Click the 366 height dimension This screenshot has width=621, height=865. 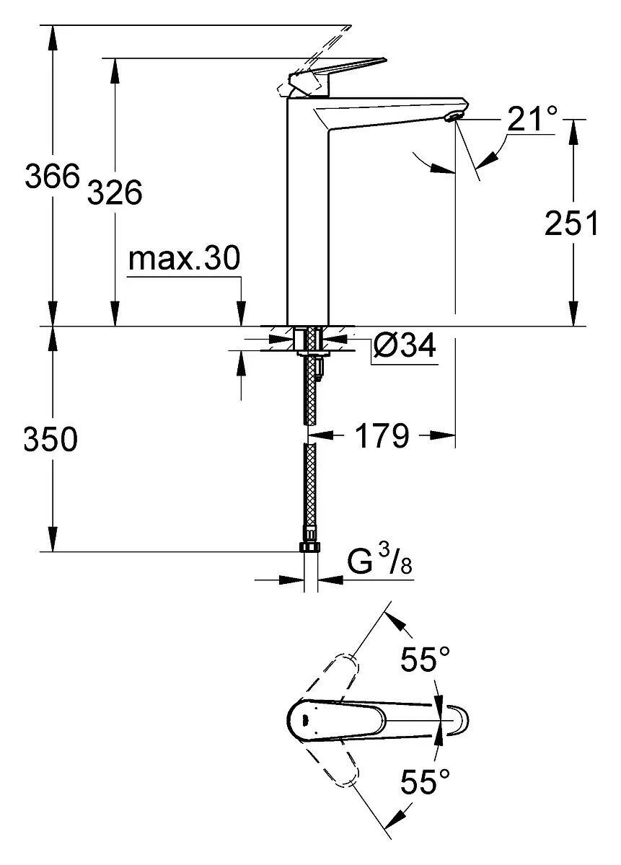point(52,176)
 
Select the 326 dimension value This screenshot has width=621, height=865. point(115,192)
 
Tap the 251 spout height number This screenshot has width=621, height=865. point(571,223)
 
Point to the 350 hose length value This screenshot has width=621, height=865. point(50,439)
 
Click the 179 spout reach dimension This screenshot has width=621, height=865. point(382,435)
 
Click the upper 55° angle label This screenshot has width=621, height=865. point(425,659)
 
